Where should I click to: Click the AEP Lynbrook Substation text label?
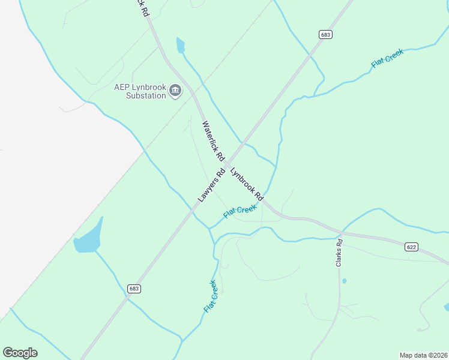click(140, 91)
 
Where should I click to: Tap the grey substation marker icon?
click(175, 91)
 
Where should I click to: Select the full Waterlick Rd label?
click(213, 142)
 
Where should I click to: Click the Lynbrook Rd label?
click(247, 184)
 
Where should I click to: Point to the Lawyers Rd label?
click(211, 185)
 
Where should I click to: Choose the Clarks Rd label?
click(339, 253)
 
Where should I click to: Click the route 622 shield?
click(411, 247)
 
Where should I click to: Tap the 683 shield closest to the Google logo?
click(134, 289)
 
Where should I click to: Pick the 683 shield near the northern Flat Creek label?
click(325, 35)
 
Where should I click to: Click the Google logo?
click(20, 352)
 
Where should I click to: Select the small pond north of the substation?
click(180, 45)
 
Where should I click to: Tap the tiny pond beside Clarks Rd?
click(343, 280)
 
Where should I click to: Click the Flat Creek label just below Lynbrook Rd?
click(240, 211)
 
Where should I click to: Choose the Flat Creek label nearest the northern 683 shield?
click(387, 58)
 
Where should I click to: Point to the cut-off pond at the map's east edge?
click(446, 307)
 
